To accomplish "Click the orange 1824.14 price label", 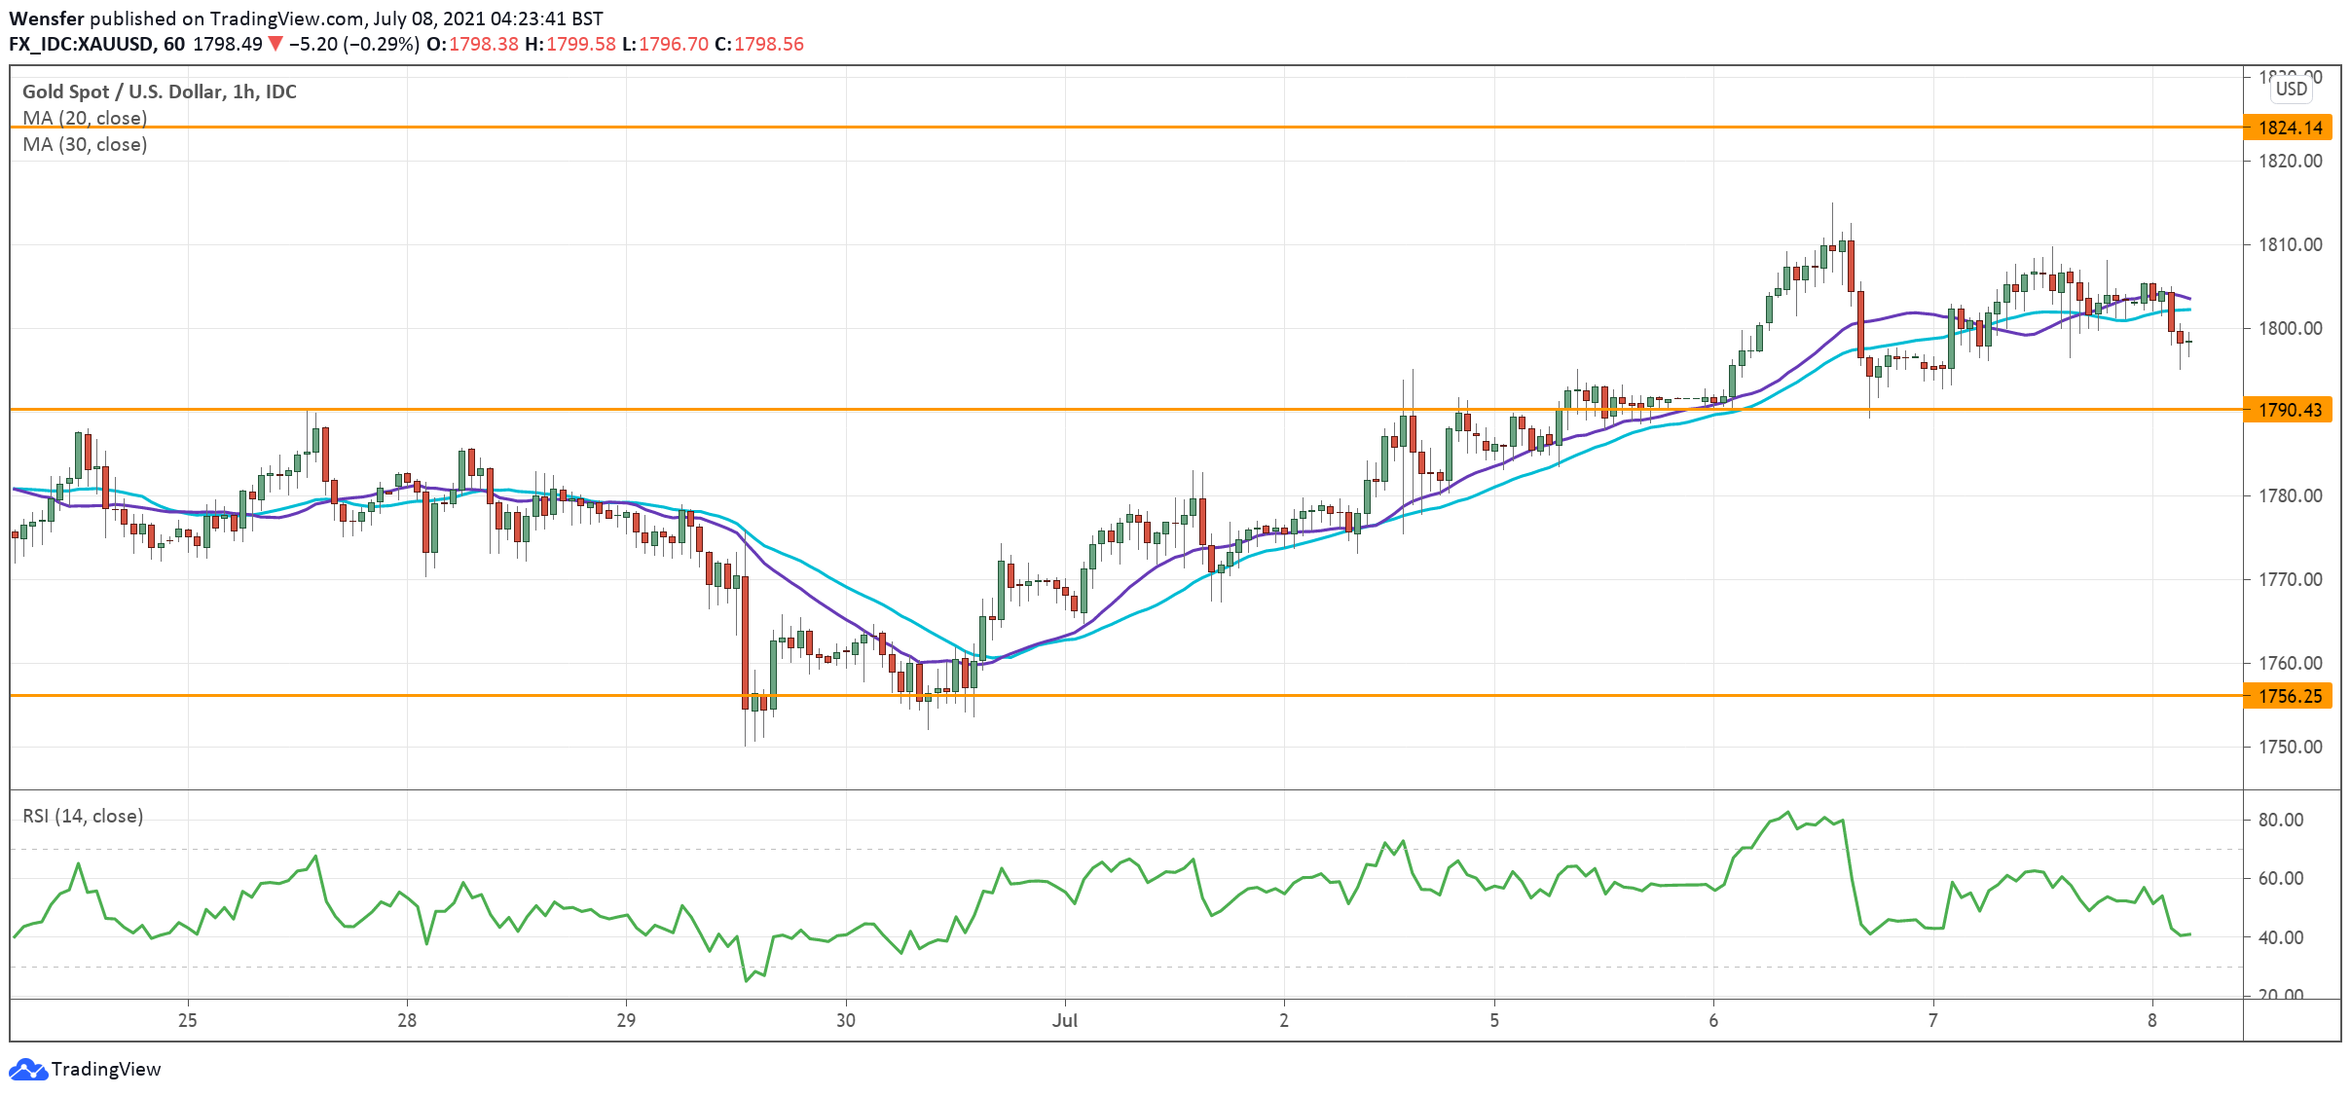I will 2289,128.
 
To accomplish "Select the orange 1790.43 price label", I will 2289,410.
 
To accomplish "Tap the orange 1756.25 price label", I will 2289,696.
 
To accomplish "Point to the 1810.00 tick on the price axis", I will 2290,244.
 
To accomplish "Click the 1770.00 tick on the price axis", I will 2290,579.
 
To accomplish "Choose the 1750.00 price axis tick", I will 2290,747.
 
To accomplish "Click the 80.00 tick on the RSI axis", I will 2280,820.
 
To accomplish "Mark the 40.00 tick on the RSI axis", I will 2280,937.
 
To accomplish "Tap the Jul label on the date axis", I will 1065,1020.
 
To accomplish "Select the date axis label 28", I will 407,1020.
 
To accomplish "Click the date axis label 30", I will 846,1020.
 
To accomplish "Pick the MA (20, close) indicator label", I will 85,118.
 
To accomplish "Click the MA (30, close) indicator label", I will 85,144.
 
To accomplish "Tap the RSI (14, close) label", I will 83,816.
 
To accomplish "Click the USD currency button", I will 2291,89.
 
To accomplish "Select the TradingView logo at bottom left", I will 85,1069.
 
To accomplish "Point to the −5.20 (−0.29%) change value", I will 354,44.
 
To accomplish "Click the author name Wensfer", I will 46,18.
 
